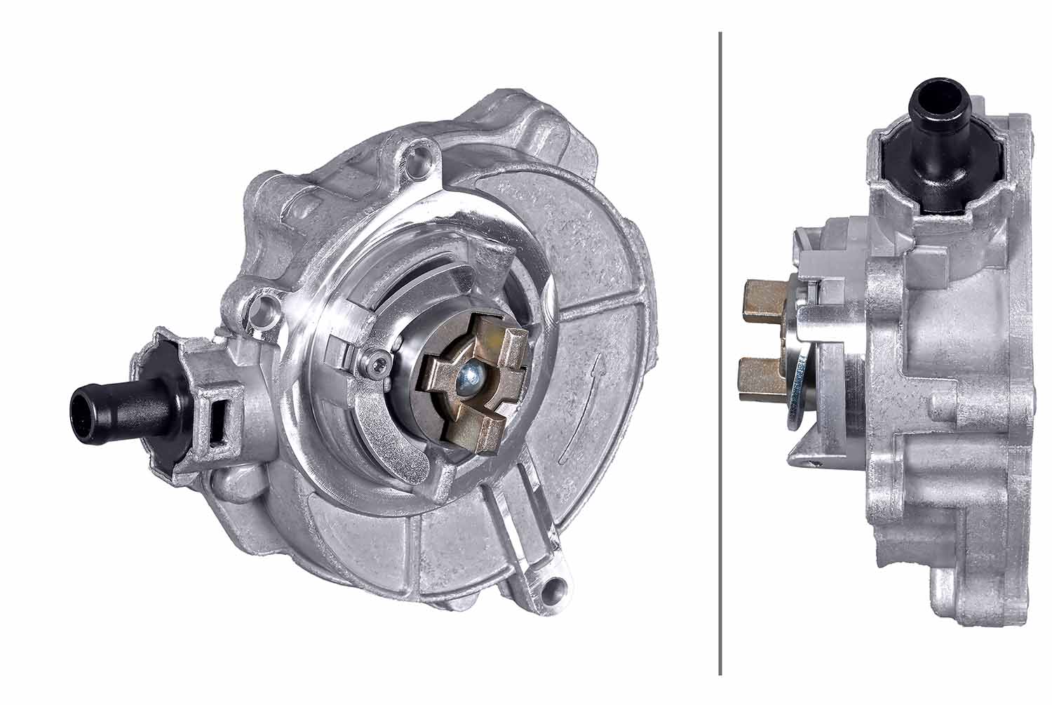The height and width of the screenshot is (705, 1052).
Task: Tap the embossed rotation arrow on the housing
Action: [581, 407]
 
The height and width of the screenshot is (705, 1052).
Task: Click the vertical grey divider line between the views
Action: [720, 351]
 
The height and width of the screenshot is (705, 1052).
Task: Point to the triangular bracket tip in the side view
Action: [793, 459]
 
